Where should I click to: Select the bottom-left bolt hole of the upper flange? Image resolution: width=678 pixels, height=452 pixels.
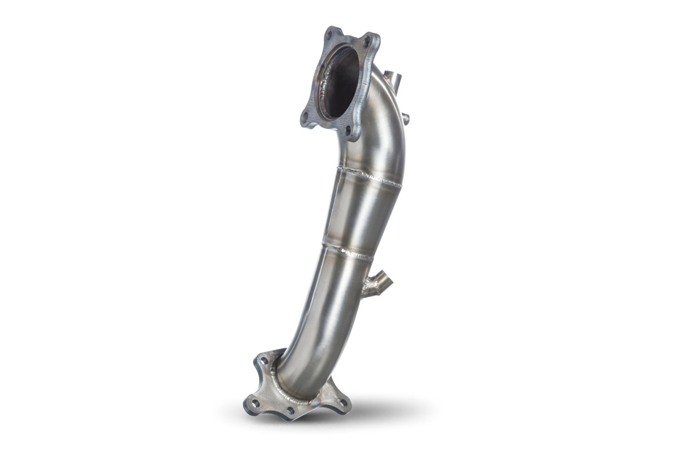[306, 116]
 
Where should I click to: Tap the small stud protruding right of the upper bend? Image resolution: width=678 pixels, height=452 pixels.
[405, 118]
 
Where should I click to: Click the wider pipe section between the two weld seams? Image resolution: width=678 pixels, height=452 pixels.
[362, 212]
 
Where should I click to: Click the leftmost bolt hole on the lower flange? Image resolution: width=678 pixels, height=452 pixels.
[255, 403]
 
